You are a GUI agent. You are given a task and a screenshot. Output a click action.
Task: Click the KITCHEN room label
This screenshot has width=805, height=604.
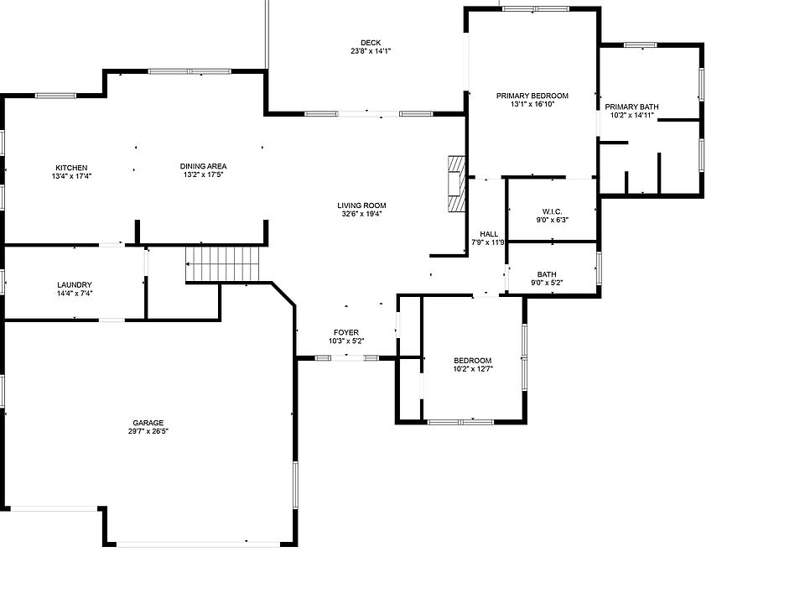point(71,168)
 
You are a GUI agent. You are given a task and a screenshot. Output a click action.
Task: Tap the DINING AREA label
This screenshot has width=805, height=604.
point(203,166)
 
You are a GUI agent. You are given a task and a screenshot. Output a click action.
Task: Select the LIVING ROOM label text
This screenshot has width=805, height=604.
point(361,206)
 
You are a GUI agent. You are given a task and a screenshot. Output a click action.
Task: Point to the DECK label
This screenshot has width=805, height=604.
point(371,43)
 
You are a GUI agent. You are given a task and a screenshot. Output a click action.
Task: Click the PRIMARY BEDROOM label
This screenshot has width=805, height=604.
point(532,96)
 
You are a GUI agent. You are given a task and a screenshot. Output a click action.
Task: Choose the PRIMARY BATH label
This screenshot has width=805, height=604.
point(631,107)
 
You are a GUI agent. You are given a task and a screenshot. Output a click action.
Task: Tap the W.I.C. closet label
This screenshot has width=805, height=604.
point(553,211)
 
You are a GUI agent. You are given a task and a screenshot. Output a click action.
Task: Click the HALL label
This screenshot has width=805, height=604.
point(489,234)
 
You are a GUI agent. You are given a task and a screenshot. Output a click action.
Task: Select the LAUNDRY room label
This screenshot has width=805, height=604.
point(75,285)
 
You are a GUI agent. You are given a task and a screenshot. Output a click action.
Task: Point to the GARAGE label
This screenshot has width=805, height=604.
point(148,423)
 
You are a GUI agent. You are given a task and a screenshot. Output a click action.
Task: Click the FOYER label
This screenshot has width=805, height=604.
point(346,333)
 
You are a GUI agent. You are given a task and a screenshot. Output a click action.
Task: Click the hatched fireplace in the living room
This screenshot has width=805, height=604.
point(456,184)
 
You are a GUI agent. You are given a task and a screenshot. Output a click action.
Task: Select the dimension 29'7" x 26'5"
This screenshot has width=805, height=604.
point(148,431)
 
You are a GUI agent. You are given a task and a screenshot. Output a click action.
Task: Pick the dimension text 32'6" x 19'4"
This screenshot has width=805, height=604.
point(361,214)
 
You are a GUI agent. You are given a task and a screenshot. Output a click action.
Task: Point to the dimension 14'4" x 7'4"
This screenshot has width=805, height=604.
point(75,294)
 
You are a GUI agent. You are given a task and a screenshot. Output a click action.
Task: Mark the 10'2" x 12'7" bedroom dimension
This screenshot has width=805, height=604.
point(473,369)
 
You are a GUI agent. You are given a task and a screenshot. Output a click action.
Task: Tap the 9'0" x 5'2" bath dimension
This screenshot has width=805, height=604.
point(547,283)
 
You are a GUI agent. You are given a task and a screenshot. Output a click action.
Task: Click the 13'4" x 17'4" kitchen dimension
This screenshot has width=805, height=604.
point(71,176)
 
